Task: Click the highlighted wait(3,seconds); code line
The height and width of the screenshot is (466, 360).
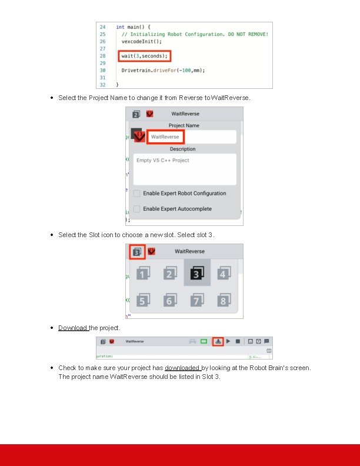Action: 144,56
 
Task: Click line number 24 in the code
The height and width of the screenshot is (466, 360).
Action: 102,27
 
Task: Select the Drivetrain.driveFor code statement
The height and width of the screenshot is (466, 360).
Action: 163,70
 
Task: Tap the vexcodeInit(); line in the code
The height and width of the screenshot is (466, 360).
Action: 141,41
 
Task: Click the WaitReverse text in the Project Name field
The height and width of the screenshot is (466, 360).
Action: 165,137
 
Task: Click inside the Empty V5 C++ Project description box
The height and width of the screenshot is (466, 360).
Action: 184,169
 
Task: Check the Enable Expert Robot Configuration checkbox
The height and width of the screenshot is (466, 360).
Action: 136,194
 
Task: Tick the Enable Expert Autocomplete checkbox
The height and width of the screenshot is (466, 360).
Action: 136,209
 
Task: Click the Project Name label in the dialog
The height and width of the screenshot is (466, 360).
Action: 184,125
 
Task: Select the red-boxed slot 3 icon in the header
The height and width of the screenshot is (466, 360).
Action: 136,252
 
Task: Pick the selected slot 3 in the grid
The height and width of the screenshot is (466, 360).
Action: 197,273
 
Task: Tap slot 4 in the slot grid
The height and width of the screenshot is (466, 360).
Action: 223,274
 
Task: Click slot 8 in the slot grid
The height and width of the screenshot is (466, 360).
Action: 223,300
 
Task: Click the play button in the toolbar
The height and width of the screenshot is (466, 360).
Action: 228,341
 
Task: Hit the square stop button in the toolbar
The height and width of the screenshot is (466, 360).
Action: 238,341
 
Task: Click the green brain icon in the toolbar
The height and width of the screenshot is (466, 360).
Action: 204,341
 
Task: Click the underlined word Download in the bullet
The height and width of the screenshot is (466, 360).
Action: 73,328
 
